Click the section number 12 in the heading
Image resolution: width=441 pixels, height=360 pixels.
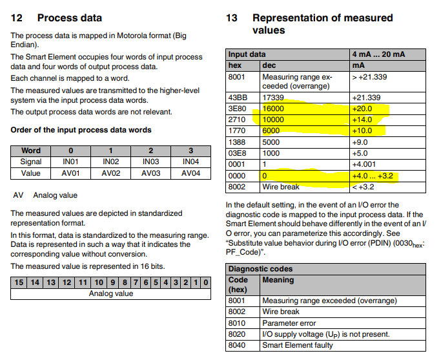coord(17,18)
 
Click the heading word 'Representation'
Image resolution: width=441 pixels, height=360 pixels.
coord(292,18)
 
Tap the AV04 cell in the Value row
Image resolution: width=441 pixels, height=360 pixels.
coord(190,173)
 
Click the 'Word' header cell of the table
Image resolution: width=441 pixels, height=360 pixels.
coord(31,150)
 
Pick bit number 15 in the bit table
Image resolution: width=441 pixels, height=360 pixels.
coord(19,282)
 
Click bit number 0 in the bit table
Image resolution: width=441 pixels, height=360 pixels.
coord(205,282)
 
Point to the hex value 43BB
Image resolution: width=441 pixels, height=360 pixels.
coord(237,98)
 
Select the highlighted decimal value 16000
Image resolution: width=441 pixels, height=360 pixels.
coord(275,109)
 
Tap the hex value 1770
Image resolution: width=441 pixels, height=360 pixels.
coord(236,131)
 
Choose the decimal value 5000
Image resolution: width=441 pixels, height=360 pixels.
coord(272,142)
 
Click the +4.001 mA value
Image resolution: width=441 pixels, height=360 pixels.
coord(365,164)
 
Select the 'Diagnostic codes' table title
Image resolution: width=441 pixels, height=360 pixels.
coord(261,269)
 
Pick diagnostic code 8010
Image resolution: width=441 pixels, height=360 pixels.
coord(238,323)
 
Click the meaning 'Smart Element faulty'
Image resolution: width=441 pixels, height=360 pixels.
coord(298,345)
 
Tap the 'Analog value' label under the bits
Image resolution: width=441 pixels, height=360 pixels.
coord(111,293)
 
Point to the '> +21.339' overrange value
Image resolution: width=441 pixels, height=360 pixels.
coord(369,77)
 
